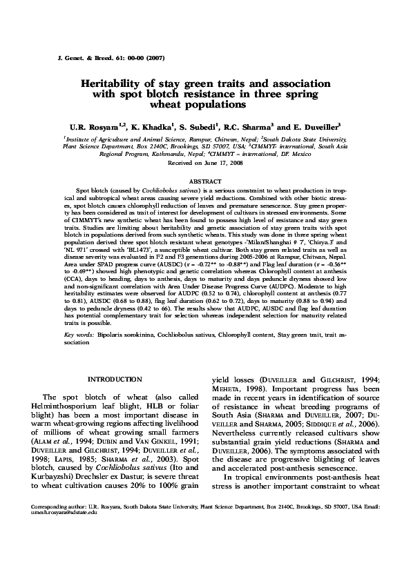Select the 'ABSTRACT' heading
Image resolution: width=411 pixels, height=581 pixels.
tap(205, 181)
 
